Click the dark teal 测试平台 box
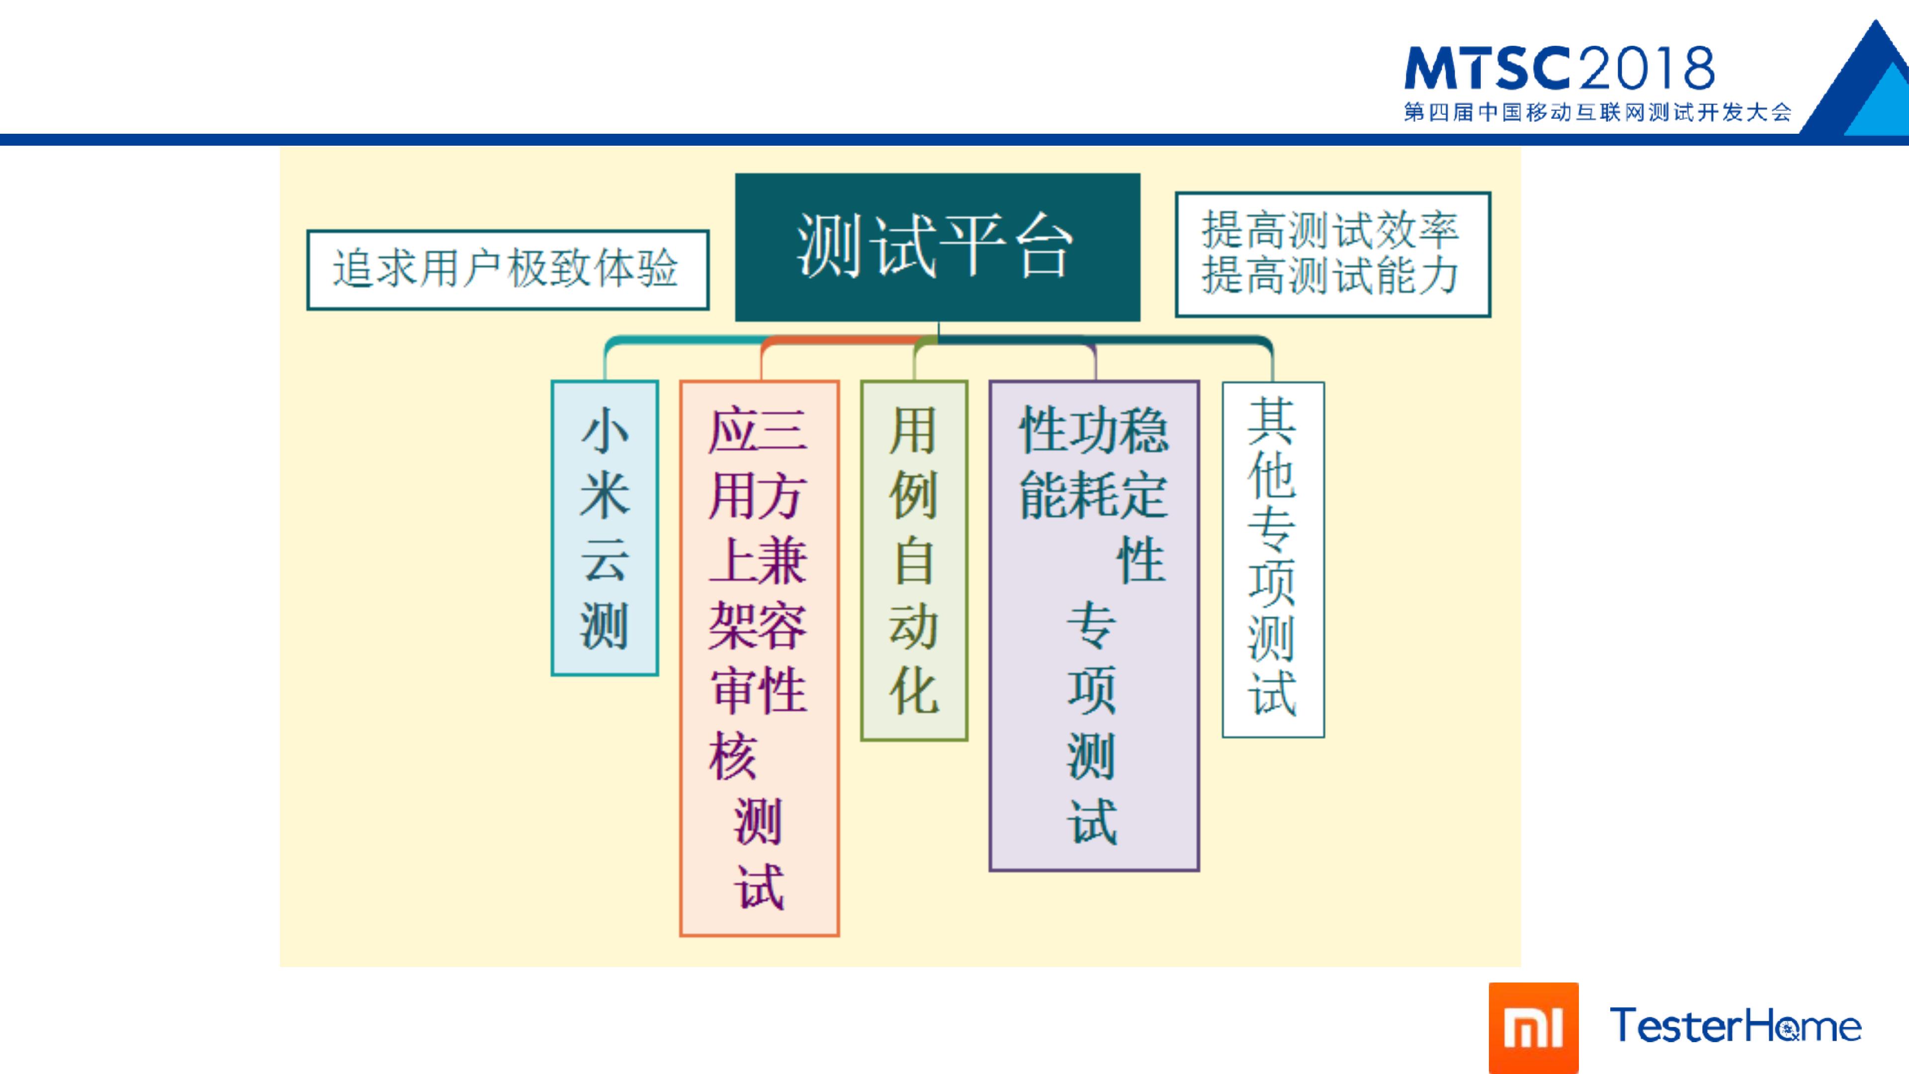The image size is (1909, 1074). (938, 247)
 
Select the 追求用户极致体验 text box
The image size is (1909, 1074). (508, 270)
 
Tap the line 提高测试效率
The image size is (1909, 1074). (1330, 230)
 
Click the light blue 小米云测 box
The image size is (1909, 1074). (605, 528)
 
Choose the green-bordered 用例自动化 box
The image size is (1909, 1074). (914, 560)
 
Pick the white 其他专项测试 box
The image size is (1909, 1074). (1273, 559)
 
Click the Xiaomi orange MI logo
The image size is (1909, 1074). (1533, 1028)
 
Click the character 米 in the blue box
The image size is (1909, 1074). (605, 495)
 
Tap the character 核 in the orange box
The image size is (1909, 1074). (733, 756)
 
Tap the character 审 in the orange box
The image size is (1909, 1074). (733, 691)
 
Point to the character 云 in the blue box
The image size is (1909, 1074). (605, 560)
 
